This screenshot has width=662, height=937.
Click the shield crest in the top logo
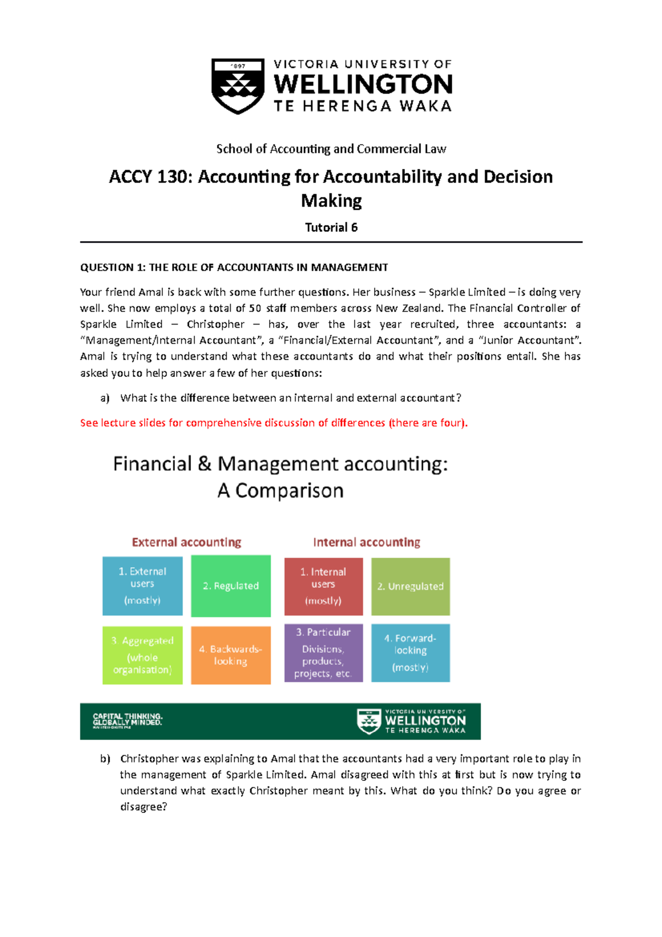[238, 86]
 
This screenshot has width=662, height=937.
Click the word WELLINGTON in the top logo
[363, 84]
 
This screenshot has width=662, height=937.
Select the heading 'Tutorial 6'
[331, 227]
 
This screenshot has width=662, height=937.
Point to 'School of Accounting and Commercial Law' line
[331, 149]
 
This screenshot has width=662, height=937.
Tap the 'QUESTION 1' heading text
[234, 268]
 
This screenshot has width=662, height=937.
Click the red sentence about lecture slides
[274, 423]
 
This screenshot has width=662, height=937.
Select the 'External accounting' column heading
[186, 542]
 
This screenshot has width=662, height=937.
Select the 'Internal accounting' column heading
[366, 542]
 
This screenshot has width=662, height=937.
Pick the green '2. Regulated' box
[231, 586]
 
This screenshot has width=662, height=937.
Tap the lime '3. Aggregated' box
[142, 655]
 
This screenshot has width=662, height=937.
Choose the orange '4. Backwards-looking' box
[231, 655]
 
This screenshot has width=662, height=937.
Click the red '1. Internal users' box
[323, 586]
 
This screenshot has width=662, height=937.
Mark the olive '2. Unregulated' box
[410, 587]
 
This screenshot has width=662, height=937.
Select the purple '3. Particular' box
[323, 653]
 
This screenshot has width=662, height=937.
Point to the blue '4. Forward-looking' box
[410, 653]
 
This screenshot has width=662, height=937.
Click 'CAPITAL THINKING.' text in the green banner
[127, 717]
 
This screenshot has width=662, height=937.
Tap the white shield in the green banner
[369, 721]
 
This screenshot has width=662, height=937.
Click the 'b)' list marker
[105, 759]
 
